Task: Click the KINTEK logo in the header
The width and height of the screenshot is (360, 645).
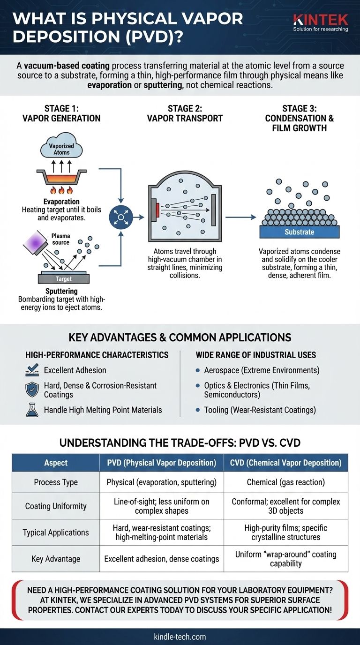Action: [x=321, y=22]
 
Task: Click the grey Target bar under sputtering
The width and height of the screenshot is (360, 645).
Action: [x=64, y=278]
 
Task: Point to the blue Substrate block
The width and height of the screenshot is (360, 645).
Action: [x=300, y=232]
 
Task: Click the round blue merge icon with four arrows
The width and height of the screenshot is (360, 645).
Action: [x=120, y=217]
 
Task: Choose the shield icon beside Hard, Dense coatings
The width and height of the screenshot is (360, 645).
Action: [x=32, y=390]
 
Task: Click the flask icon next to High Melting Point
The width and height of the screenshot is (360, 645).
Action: [x=32, y=410]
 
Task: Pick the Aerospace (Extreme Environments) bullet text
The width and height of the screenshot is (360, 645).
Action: [x=262, y=370]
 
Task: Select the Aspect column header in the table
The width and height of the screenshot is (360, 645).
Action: [x=56, y=463]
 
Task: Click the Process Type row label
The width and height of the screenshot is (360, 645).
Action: [x=56, y=482]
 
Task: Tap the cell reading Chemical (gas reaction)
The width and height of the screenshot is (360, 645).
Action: [x=285, y=482]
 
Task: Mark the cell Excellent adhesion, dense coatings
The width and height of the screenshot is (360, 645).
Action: [x=162, y=559]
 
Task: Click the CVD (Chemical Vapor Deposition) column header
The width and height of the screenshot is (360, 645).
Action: [x=285, y=463]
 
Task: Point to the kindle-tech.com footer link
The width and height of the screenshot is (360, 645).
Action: [x=180, y=637]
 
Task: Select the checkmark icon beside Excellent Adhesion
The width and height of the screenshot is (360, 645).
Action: [x=32, y=370]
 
